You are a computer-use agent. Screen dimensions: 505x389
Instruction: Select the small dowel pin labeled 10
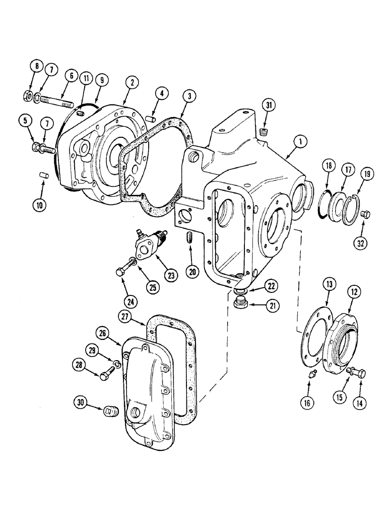point(43,175)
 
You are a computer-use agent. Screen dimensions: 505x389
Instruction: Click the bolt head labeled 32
point(366,215)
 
